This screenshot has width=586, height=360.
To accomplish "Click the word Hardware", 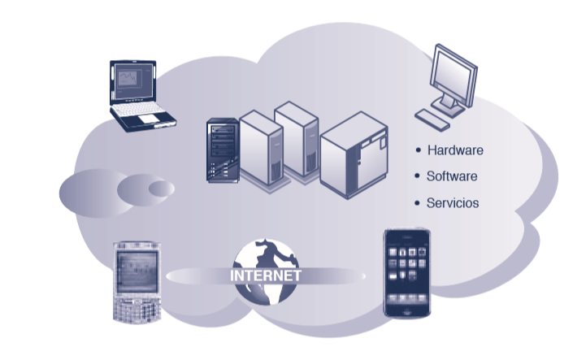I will click(455, 150).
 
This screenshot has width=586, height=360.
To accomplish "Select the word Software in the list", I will click(452, 176).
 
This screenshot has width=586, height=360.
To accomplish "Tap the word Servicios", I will click(453, 203).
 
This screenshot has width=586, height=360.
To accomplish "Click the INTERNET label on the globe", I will click(267, 275).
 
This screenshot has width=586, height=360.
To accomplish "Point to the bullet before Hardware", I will click(418, 150).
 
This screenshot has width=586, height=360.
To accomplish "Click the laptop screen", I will click(130, 80).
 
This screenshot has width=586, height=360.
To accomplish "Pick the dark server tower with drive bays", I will click(221, 150).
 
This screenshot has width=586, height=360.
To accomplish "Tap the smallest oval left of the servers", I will click(160, 189).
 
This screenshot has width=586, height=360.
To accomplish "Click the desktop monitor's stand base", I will click(449, 106).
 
